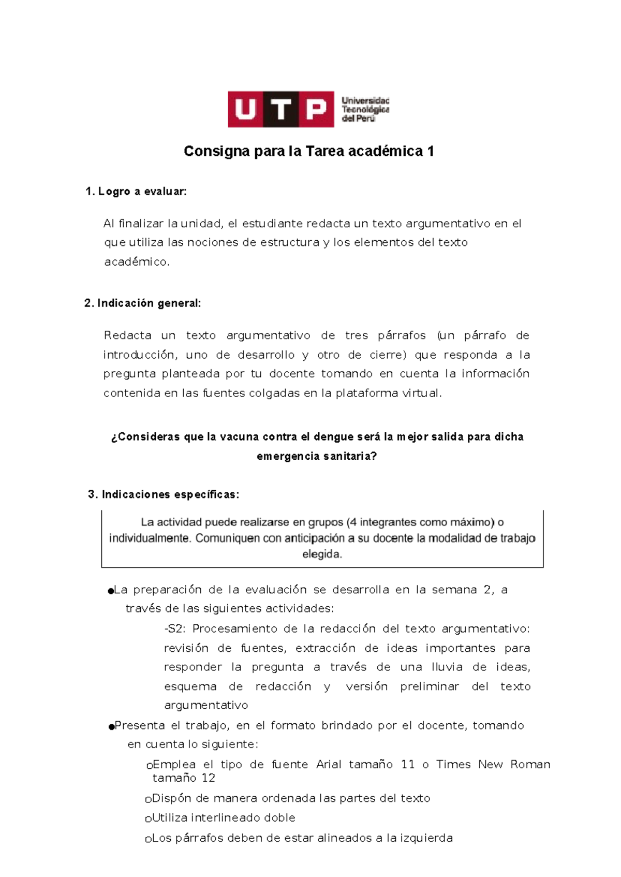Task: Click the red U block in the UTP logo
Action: pyautogui.click(x=245, y=109)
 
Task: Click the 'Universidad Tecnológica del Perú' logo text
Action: pyautogui.click(x=365, y=109)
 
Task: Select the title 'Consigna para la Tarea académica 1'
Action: pyautogui.click(x=309, y=151)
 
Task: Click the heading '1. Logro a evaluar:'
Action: pyautogui.click(x=136, y=192)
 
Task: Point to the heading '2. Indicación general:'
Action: pyautogui.click(x=142, y=303)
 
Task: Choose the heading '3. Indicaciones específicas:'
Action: pyautogui.click(x=164, y=494)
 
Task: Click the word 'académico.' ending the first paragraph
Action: pyautogui.click(x=137, y=262)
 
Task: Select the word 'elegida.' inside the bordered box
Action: pyautogui.click(x=322, y=554)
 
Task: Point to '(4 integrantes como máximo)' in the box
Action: pyautogui.click(x=420, y=522)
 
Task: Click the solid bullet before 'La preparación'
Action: pyautogui.click(x=110, y=591)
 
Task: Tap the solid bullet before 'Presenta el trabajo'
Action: pyautogui.click(x=111, y=727)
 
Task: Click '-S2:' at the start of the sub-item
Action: pyautogui.click(x=175, y=628)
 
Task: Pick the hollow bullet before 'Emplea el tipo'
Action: pyautogui.click(x=149, y=766)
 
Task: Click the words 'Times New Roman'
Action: pyautogui.click(x=493, y=764)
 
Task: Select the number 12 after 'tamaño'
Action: pyautogui.click(x=209, y=778)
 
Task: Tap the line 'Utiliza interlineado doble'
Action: pyautogui.click(x=223, y=818)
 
